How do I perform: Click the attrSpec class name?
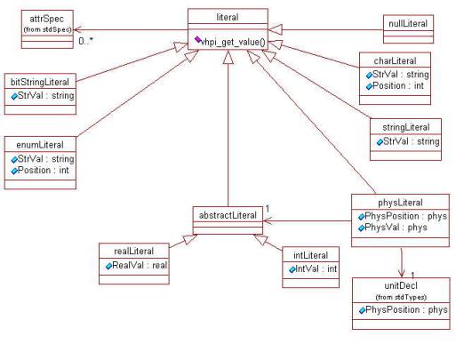(47, 20)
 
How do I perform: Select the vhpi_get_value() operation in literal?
(233, 43)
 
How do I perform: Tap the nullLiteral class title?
(408, 24)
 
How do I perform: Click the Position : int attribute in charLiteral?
(398, 86)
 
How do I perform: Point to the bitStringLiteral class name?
(40, 82)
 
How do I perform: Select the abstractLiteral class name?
(228, 215)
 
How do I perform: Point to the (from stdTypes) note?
(401, 297)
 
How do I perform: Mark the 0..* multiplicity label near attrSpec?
(86, 41)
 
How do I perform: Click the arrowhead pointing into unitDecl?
(401, 273)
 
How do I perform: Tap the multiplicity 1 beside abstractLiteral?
(268, 209)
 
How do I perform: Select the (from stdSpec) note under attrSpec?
(47, 29)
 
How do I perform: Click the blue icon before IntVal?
(292, 269)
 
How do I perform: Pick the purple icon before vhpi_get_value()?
(197, 39)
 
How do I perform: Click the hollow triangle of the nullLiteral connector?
(275, 30)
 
